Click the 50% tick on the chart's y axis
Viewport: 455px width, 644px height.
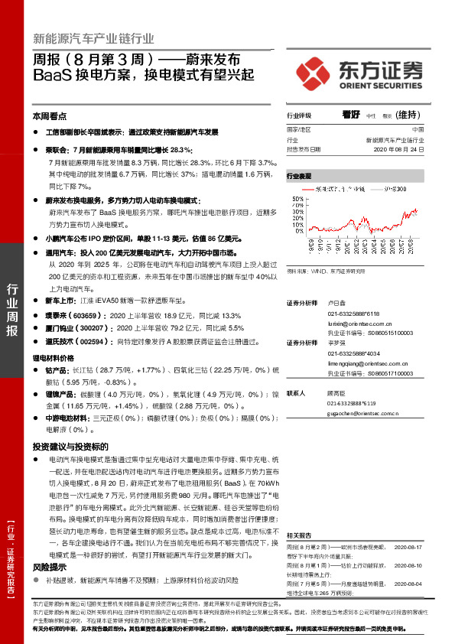pos(296,198)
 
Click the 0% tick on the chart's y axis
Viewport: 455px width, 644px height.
pos(298,230)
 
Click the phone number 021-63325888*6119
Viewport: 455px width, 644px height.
pos(353,402)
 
